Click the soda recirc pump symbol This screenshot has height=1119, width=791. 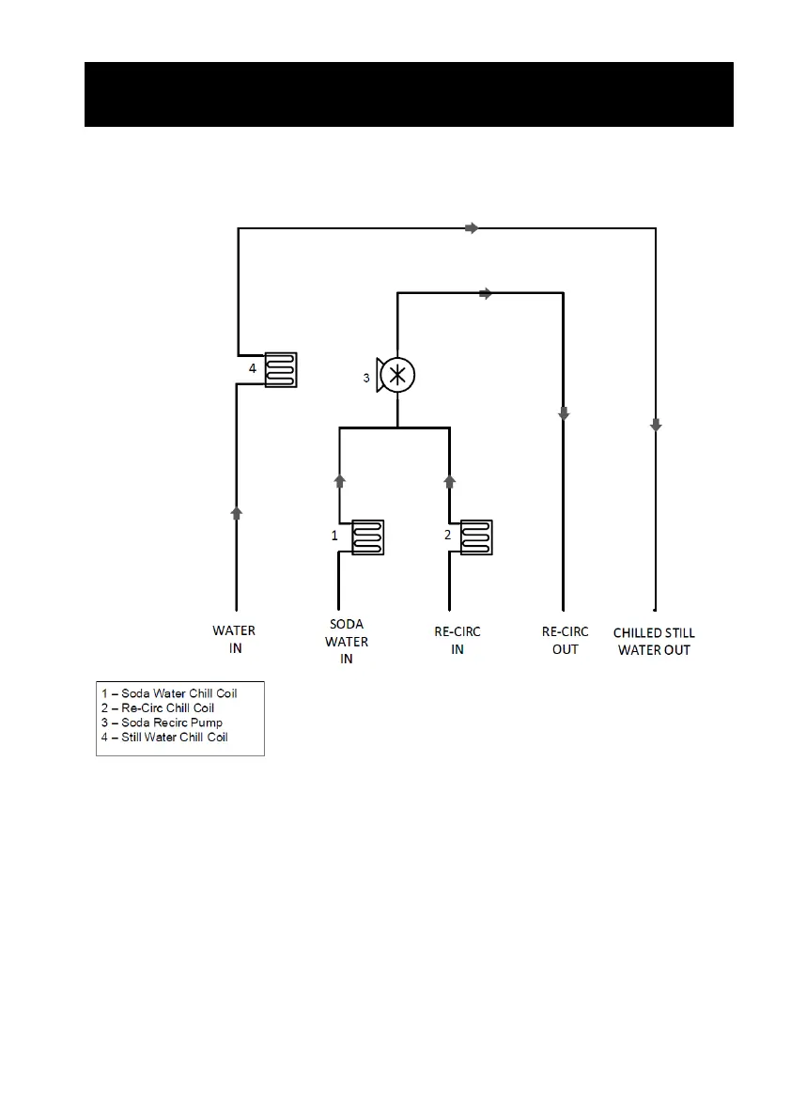pos(396,375)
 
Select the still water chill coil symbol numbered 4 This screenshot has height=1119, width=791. pos(281,369)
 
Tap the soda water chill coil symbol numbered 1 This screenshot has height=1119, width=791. pos(368,537)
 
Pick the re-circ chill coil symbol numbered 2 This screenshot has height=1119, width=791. pos(477,537)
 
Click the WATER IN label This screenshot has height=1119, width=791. pos(234,639)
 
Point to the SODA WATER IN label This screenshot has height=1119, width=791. pos(347,642)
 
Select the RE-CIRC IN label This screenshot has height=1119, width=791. pos(458,641)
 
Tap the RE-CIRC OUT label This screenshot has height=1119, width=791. pos(566,641)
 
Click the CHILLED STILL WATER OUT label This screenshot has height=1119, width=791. pos(654,642)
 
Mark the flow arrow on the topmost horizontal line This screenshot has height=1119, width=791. pos(472,227)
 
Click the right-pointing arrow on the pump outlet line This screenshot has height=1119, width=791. pos(486,294)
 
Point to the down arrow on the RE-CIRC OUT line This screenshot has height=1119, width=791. pos(564,413)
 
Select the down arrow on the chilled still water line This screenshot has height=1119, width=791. pos(656,426)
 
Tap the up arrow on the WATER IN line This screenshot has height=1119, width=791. pos(237,512)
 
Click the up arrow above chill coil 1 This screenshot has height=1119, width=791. pos(340,480)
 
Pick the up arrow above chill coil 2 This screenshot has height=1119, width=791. pos(450,480)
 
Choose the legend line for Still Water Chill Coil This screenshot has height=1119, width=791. pos(165,737)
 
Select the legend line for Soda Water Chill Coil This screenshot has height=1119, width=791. pos(169,693)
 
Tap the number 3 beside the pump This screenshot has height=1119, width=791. pos(367,379)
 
